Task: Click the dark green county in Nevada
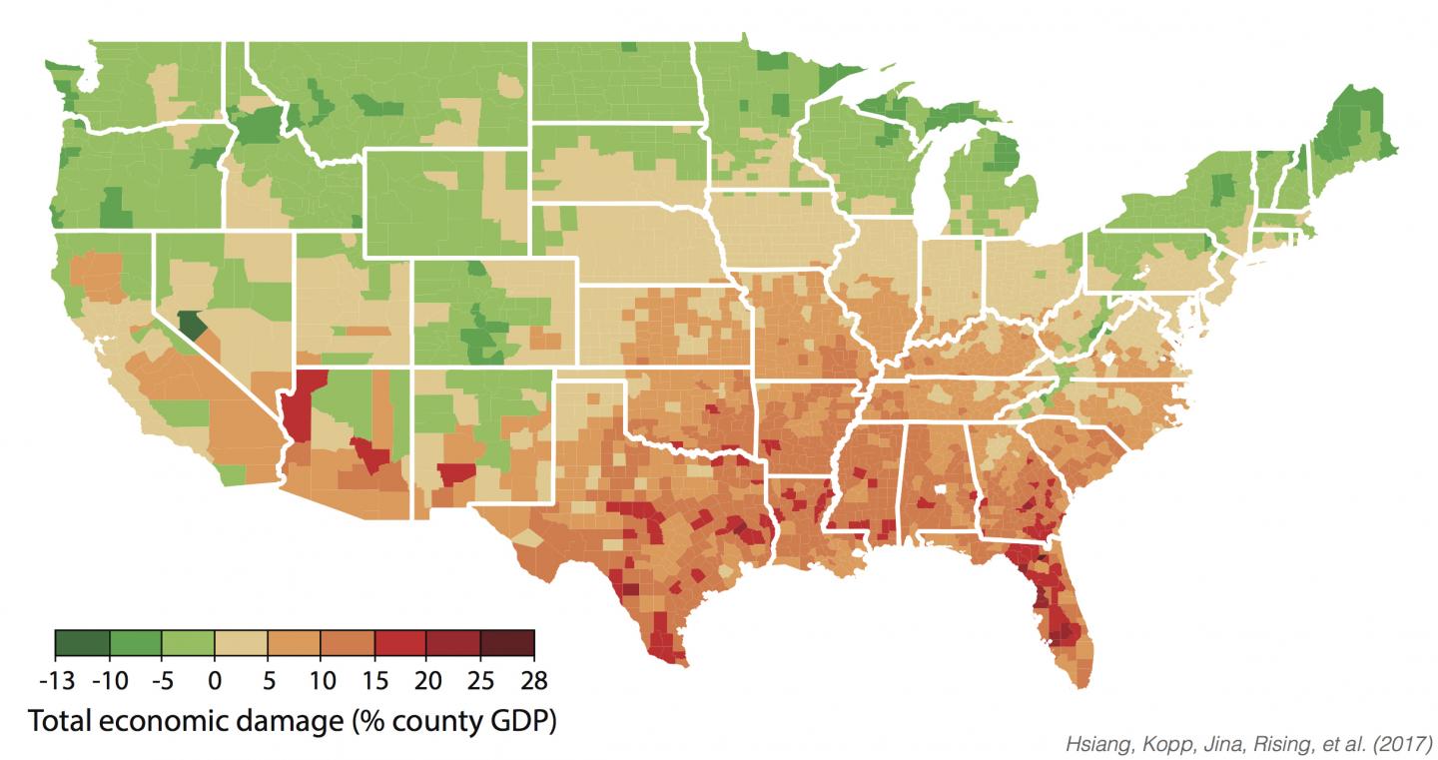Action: pyautogui.click(x=193, y=325)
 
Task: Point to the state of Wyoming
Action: pyautogui.click(x=444, y=205)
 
